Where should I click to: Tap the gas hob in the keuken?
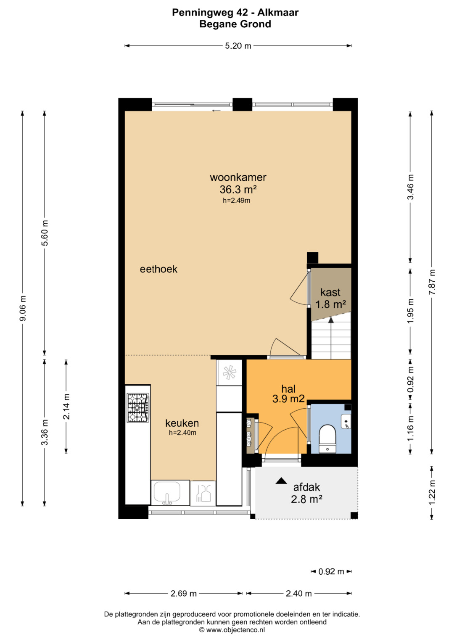[138, 407]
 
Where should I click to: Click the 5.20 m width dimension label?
[238, 46]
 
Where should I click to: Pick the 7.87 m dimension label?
[432, 282]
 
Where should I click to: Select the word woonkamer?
[238, 177]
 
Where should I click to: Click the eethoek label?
[158, 269]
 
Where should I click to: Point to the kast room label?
[330, 292]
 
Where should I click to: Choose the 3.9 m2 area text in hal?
[288, 399]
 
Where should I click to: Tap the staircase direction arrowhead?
[331, 320]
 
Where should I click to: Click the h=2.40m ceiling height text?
[182, 433]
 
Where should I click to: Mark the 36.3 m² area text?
[238, 190]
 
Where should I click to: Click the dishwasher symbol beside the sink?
[203, 493]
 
